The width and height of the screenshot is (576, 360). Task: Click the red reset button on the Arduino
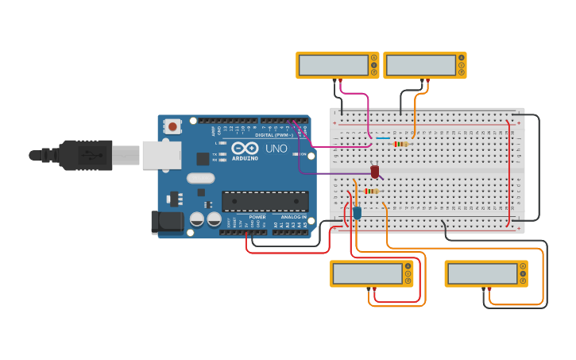click(x=172, y=126)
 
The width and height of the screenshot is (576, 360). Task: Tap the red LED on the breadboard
click(x=375, y=171)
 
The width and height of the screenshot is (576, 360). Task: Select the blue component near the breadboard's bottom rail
click(x=357, y=212)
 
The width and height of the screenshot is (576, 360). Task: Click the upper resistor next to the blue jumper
click(x=401, y=144)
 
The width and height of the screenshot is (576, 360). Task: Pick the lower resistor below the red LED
click(x=371, y=191)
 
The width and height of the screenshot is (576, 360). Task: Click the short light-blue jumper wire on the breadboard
click(x=382, y=137)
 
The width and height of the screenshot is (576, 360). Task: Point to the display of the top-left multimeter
click(x=333, y=65)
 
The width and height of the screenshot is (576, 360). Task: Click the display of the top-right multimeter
click(x=420, y=65)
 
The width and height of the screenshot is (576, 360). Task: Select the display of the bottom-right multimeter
click(x=481, y=273)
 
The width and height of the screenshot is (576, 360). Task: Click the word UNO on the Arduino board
click(x=276, y=149)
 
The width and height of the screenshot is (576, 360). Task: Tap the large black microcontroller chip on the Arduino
click(x=265, y=202)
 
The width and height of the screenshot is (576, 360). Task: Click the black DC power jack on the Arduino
click(x=166, y=222)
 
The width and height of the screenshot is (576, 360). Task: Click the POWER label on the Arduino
click(x=257, y=217)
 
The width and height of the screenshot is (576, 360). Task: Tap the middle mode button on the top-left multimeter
click(x=373, y=65)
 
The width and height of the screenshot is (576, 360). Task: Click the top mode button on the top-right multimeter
click(x=461, y=58)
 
